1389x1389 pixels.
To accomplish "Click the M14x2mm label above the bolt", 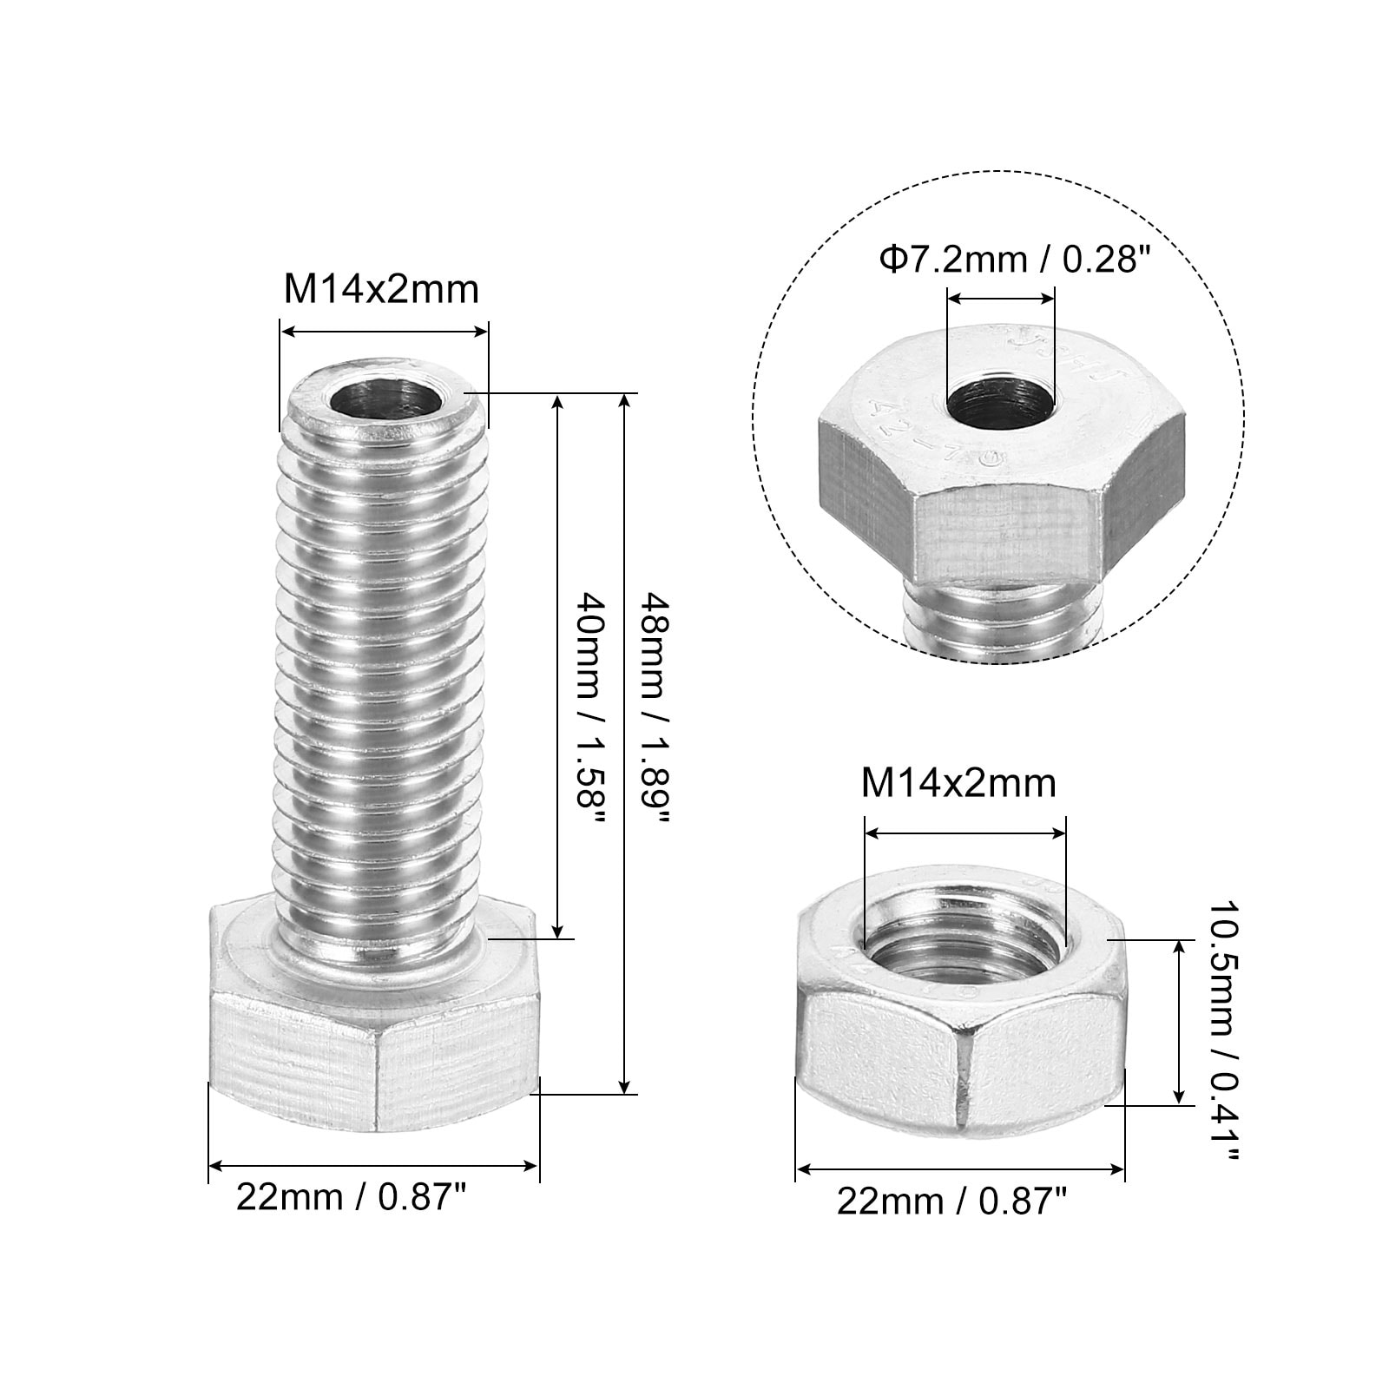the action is point(382,289).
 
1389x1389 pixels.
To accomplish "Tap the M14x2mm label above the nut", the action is point(958,783).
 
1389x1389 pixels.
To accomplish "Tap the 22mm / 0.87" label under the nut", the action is point(952,1201).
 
